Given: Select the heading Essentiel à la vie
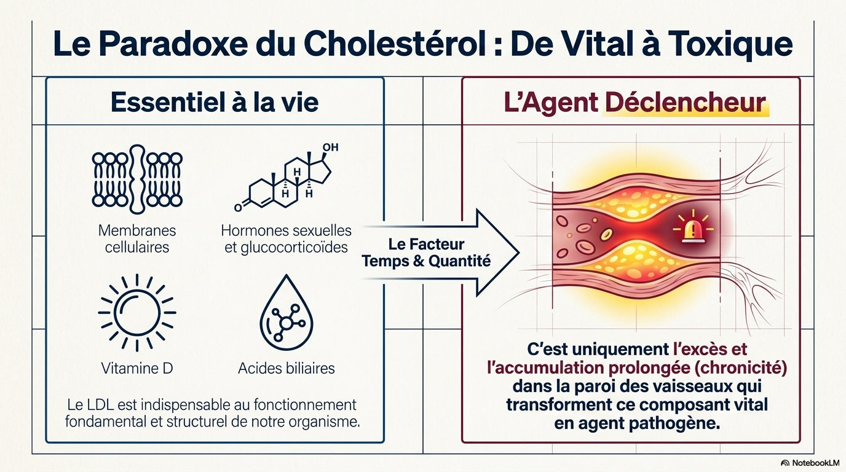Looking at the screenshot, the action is pos(215,102).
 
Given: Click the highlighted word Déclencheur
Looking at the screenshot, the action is pos(686,103).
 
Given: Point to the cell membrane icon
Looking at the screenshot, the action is pos(137,179).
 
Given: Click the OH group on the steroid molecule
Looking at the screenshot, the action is pos(330,147).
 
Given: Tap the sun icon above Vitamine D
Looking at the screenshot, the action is pos(137,313).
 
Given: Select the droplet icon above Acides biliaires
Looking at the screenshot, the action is pos(287,313).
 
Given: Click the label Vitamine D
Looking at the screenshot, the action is pos(137,368).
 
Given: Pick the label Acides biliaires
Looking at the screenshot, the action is pos(287,368).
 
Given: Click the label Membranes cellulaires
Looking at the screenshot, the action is pos(137,238).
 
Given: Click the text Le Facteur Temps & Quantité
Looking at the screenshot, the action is pos(427,253).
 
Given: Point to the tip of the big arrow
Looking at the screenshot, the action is pos(520,253).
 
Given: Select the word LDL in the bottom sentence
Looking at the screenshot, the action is pos(100,405).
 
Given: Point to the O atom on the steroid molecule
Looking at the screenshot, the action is pos(238,207).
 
